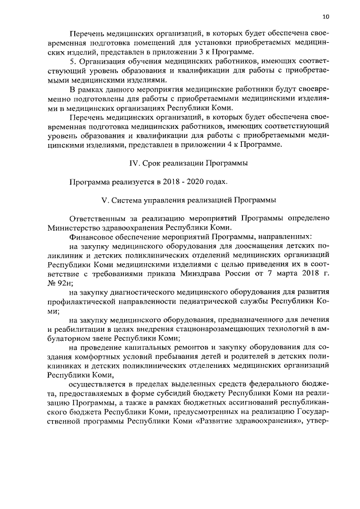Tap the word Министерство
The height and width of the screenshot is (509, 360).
74,228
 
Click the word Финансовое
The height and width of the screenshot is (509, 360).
92,237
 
